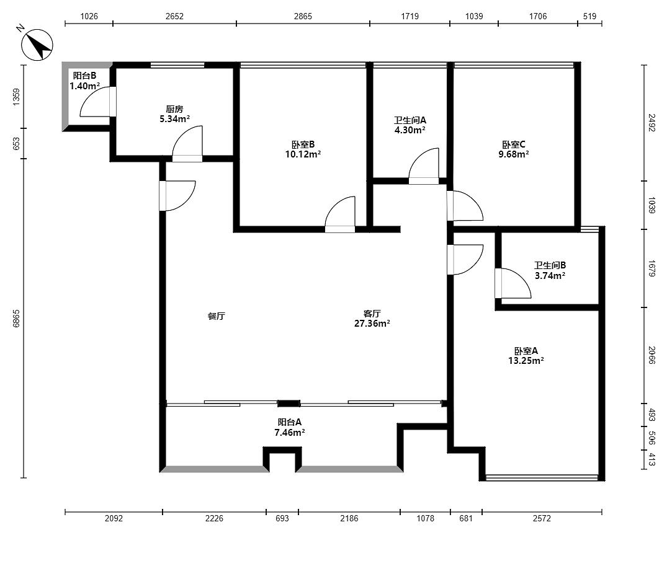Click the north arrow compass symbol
coord(37,44)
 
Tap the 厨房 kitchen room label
coord(174,109)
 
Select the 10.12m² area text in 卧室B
coord(303,154)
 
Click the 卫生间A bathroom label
coord(410,120)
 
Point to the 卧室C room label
coord(514,144)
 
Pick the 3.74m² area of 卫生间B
coord(550,275)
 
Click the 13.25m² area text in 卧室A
coord(526,361)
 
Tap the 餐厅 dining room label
coord(216,316)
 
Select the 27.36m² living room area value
coord(372,324)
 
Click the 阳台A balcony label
coord(290,422)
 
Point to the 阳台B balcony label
coord(84,76)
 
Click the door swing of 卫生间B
coord(514,283)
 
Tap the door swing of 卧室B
coord(340,214)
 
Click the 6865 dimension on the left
coord(16,318)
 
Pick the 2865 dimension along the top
coord(303,16)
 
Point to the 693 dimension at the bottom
coord(282,518)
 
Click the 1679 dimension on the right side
coord(651,268)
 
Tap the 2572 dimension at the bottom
coord(542,518)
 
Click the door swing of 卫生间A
coord(424,166)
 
